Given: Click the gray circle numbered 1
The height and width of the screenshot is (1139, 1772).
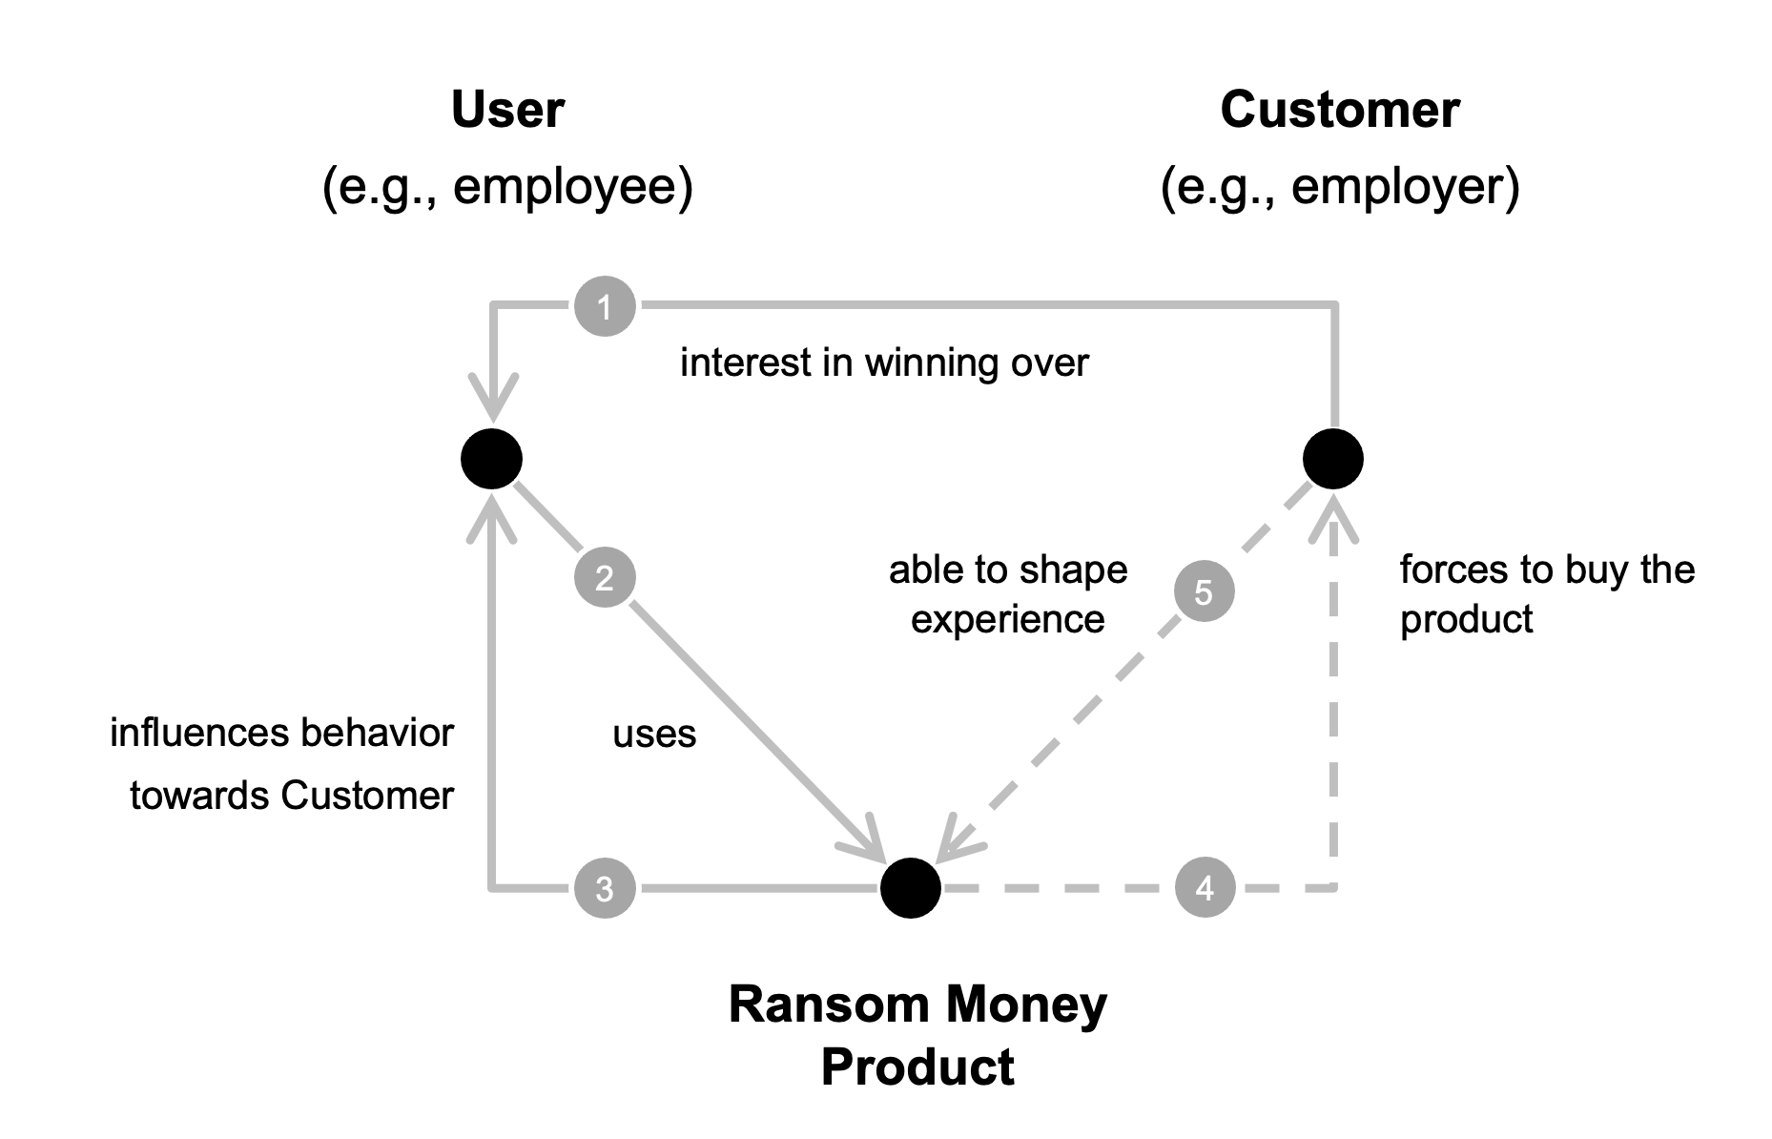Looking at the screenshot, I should [x=605, y=306].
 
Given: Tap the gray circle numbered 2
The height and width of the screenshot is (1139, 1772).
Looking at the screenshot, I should [x=605, y=577].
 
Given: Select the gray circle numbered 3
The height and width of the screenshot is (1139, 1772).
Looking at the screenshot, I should [x=605, y=888].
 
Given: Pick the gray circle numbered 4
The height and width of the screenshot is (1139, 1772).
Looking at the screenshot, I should [x=1205, y=887].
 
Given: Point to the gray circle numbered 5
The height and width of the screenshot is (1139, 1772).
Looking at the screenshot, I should [x=1204, y=591].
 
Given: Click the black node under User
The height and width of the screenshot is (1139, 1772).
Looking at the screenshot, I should [x=491, y=459].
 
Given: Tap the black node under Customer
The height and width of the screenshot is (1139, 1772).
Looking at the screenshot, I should [x=1332, y=459].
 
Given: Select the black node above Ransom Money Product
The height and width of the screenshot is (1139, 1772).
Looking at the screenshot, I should [x=910, y=888].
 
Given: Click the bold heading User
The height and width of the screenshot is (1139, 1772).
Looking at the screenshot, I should [x=507, y=110].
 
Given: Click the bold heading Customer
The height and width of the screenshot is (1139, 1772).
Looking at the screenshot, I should [x=1339, y=110].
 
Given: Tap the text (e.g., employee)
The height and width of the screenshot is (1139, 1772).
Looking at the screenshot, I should [x=507, y=186].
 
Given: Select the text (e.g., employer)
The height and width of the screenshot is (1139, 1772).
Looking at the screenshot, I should [x=1339, y=186].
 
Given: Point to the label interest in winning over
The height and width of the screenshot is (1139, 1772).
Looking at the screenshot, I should [x=883, y=362].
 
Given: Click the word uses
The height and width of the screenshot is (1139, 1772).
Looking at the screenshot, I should [x=654, y=734].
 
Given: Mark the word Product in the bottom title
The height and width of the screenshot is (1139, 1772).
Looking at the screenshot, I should [x=917, y=1067].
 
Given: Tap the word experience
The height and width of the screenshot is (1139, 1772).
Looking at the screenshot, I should [x=1007, y=620].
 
